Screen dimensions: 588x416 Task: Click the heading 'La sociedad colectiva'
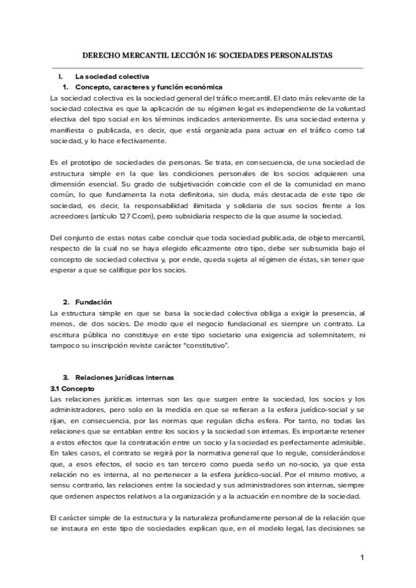112,76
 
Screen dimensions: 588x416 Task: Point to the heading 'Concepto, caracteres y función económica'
148,87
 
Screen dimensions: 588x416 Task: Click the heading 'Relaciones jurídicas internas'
124,377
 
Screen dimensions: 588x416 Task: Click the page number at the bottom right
362,557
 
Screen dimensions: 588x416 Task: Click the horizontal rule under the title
208,68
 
